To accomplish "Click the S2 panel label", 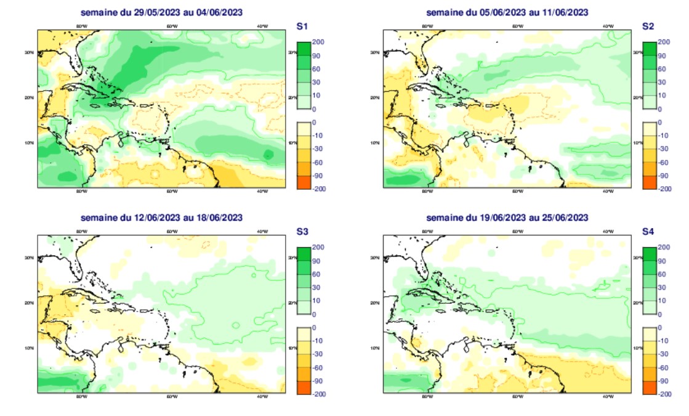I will [648, 27].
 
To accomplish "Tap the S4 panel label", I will [648, 232].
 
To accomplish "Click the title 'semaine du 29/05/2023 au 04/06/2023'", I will [161, 12].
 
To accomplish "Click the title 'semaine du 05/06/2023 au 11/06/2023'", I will [507, 12].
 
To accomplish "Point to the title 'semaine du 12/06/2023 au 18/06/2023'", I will [161, 218].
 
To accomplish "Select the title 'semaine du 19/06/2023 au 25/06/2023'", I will [507, 218].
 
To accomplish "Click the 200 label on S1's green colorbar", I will [319, 42].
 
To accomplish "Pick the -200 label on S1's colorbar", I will [319, 189].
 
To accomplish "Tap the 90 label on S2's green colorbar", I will [663, 55].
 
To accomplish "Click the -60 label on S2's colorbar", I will [664, 163].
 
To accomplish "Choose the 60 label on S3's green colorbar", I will [318, 274].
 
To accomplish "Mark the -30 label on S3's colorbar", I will [319, 354].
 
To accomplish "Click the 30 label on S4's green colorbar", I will [663, 288].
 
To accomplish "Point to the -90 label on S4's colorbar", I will [664, 381].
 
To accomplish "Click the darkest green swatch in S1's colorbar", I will [304, 49].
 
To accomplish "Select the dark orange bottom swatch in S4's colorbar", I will [650, 388].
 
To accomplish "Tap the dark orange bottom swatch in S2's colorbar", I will [650, 182].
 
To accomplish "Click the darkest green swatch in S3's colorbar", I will [304, 254].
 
